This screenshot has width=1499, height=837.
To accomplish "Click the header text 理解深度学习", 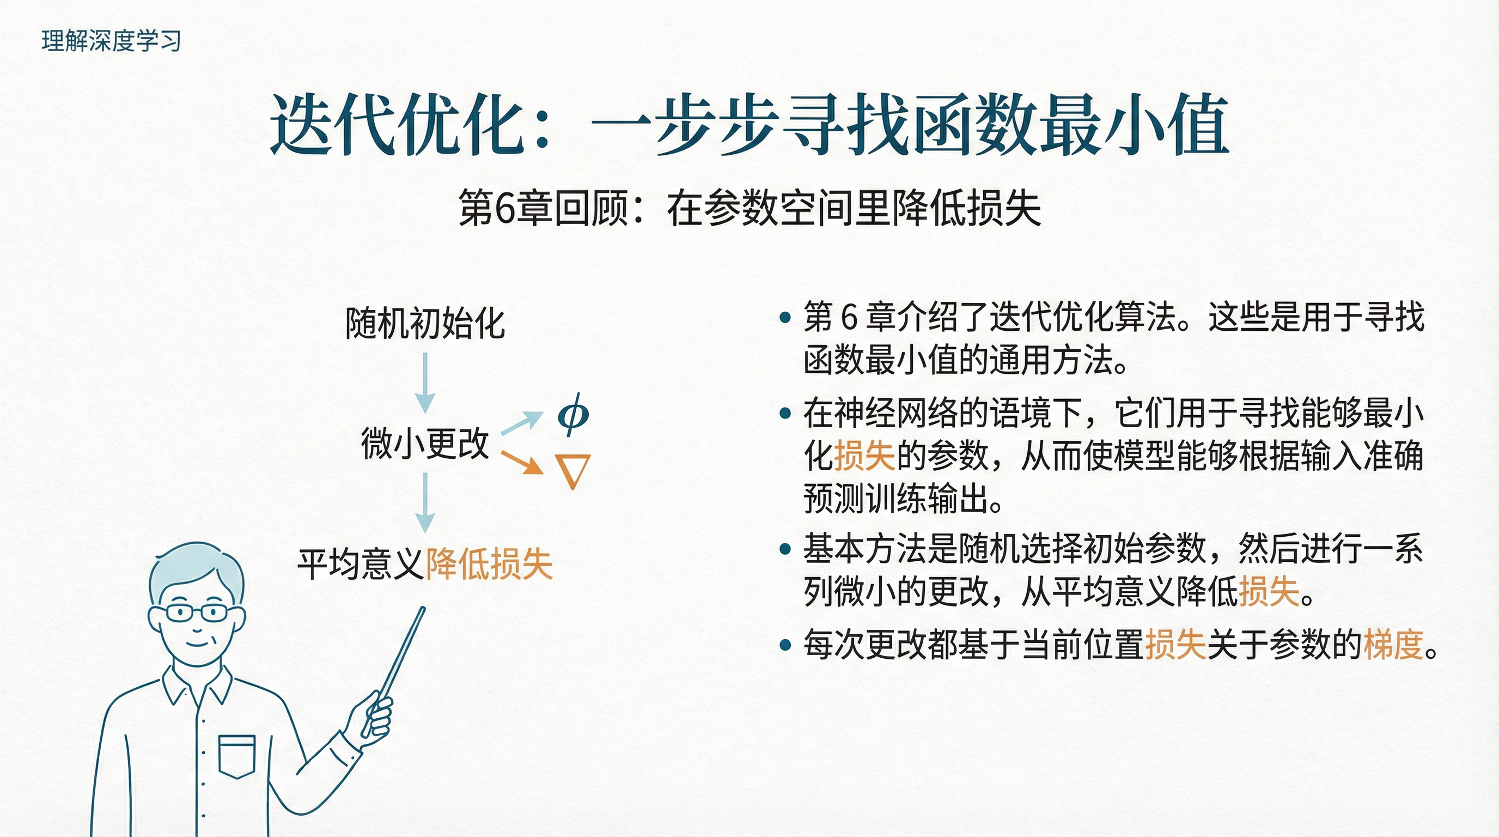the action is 111,41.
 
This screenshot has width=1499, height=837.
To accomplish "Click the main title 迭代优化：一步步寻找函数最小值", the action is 749,125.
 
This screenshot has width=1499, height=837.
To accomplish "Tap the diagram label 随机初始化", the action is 425,323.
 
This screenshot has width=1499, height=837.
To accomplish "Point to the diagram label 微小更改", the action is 425,443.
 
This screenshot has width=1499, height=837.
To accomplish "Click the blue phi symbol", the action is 573,415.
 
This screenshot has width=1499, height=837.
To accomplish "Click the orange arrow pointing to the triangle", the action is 522,462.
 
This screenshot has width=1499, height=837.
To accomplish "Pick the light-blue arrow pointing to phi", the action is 522,422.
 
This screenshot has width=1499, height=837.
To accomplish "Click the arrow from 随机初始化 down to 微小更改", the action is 425,383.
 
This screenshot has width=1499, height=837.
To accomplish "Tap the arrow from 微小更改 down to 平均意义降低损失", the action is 425,502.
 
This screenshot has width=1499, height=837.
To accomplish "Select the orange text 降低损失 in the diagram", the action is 489,563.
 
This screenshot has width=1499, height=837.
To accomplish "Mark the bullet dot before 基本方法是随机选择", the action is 785,549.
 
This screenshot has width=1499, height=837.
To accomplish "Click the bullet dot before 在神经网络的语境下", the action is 785,413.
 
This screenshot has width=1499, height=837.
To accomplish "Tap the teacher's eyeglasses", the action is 196,612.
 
